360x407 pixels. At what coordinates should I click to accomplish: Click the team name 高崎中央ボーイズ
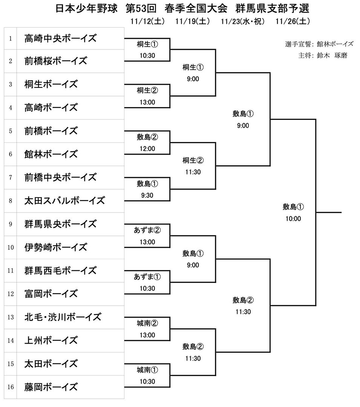(x=60, y=38)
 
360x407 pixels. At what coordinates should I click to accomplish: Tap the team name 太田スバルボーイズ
(x=64, y=200)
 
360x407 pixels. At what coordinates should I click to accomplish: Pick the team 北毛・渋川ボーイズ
(x=63, y=317)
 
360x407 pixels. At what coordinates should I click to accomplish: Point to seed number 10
(x=11, y=247)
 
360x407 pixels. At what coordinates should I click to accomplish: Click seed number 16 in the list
(x=11, y=387)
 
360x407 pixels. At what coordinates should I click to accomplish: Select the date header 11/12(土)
(x=147, y=21)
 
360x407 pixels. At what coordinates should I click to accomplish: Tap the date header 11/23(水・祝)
(x=243, y=21)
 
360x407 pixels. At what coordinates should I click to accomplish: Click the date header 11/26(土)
(x=293, y=21)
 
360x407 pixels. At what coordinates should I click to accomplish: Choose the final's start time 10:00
(x=293, y=218)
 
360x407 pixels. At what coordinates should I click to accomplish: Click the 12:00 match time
(x=147, y=149)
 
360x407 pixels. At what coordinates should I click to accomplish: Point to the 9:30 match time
(x=147, y=195)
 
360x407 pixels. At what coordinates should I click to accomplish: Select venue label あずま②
(x=147, y=230)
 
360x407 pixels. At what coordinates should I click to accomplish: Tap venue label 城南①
(x=147, y=370)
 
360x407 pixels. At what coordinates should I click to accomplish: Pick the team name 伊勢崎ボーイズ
(x=55, y=247)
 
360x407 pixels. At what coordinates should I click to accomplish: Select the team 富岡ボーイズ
(x=51, y=294)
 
